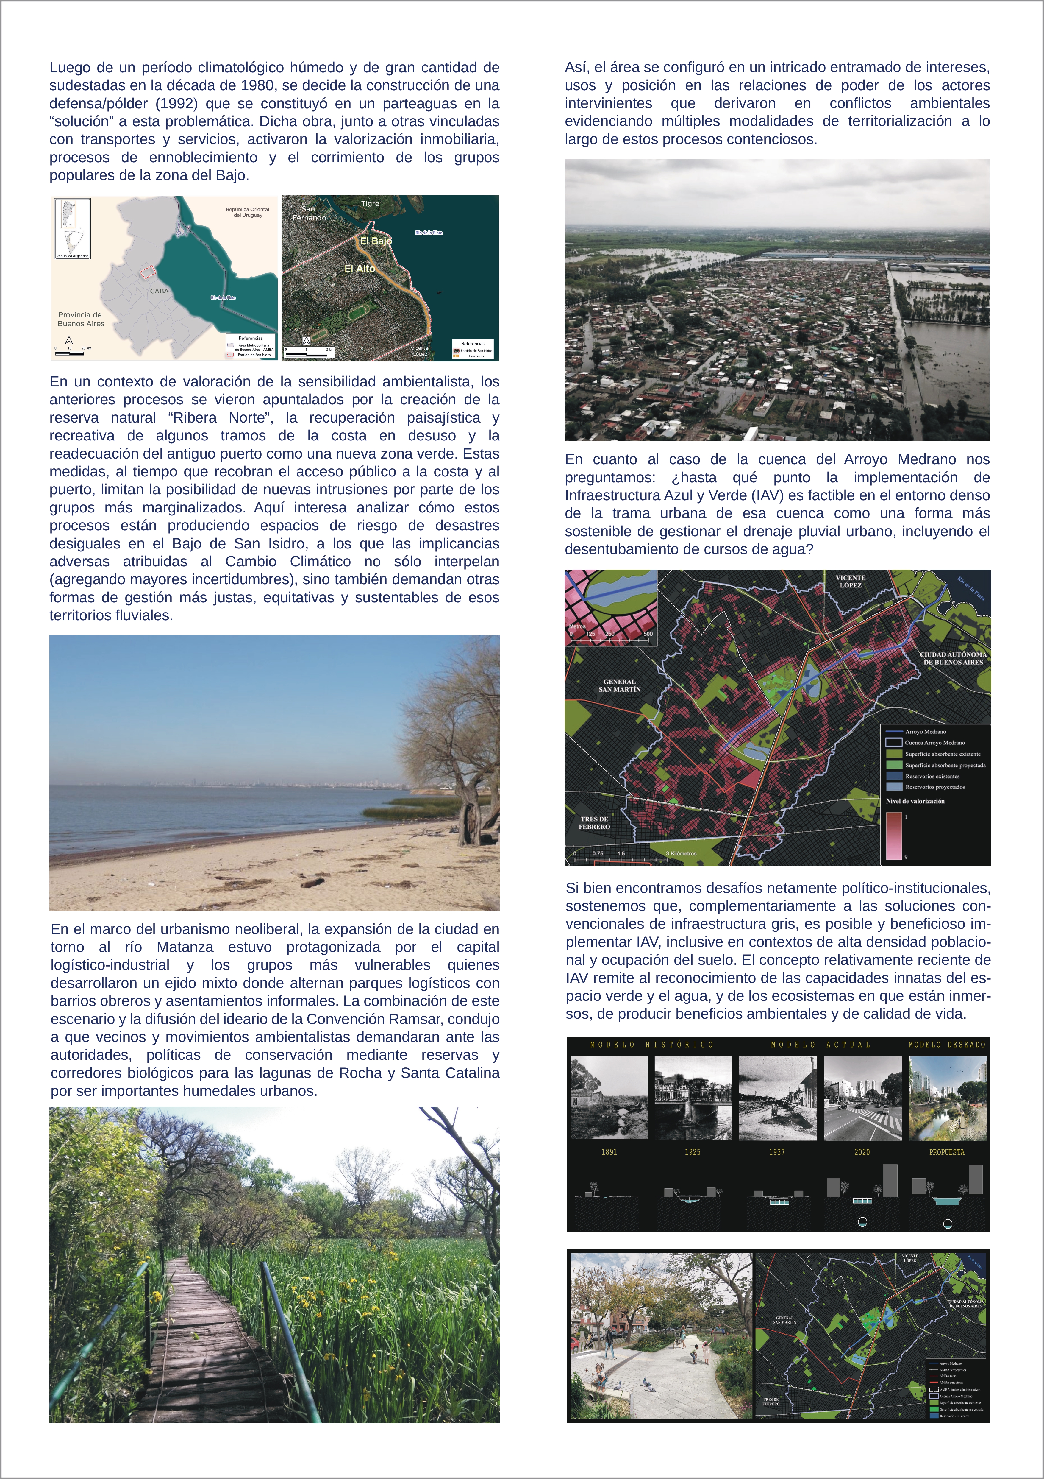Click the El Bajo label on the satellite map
376,241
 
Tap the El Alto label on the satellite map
359,269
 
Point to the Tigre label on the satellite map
370,204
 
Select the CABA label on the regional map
159,291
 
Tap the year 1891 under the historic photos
609,1152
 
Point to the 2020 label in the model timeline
862,1152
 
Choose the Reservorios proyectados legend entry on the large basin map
934,787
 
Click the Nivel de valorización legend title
915,801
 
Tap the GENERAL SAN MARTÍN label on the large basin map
619,685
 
